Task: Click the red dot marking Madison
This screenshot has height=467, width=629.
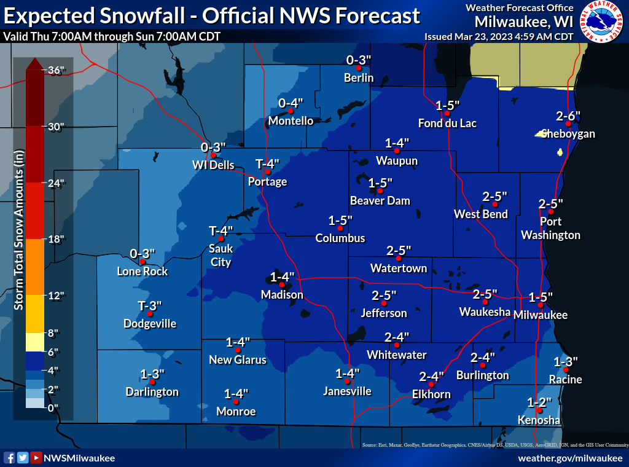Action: click(282, 285)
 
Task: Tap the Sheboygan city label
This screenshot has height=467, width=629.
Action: click(568, 134)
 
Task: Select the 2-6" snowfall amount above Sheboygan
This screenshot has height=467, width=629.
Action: click(568, 116)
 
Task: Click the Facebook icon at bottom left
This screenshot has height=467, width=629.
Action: click(9, 458)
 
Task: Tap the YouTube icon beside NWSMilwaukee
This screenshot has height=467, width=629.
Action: click(36, 458)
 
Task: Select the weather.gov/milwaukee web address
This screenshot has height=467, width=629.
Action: click(570, 458)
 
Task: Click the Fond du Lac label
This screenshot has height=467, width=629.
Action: click(447, 124)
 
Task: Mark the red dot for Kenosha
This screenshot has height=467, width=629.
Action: click(539, 410)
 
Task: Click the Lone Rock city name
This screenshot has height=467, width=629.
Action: click(143, 272)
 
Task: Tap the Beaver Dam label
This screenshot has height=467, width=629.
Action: click(380, 201)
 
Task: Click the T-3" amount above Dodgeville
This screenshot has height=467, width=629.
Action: click(150, 306)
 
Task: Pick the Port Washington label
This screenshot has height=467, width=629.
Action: click(550, 229)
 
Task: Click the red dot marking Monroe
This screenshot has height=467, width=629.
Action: click(236, 401)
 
